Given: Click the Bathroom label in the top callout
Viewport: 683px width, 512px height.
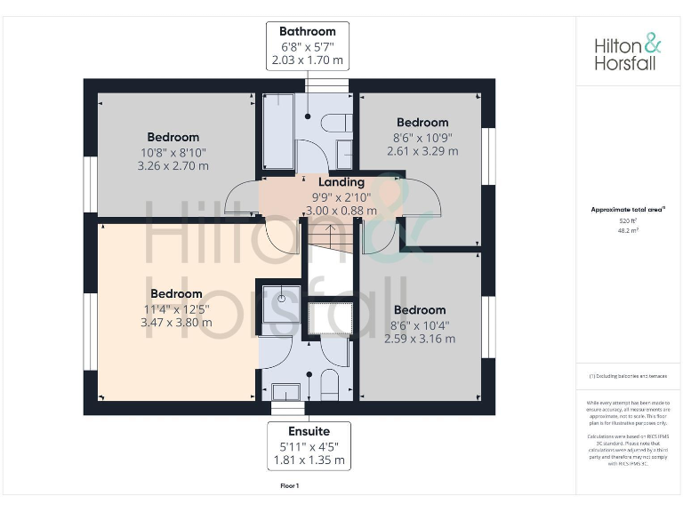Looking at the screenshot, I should [x=308, y=31].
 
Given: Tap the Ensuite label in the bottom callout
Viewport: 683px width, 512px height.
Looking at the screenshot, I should [x=308, y=431].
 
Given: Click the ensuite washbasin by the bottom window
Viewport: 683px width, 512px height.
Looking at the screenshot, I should [x=286, y=392].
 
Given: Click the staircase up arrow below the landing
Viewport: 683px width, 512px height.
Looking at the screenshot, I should [x=329, y=236].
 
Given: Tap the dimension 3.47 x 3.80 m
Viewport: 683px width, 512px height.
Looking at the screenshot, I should [x=176, y=323].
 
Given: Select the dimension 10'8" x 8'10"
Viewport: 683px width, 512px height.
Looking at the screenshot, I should [x=173, y=152].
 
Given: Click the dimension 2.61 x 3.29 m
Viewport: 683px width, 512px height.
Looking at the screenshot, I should [x=422, y=151].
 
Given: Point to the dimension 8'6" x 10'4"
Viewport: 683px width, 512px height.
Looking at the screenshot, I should [x=420, y=324].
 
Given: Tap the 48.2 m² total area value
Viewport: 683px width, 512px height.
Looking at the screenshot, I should [x=628, y=229].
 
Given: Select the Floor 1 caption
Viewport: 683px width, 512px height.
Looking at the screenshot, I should [x=290, y=486].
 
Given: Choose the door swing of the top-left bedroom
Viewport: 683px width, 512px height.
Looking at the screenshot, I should [x=238, y=198].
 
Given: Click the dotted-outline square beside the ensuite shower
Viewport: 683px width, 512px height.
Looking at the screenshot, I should [x=331, y=319].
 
